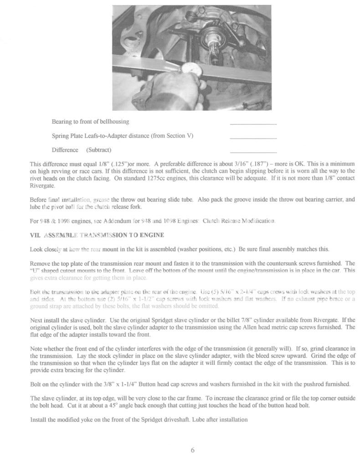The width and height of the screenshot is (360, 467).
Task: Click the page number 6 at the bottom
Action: pyautogui.click(x=192, y=450)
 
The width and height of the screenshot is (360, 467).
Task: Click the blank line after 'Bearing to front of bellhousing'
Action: pyautogui.click(x=253, y=124)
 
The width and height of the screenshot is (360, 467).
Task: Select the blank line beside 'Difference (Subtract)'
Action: pyautogui.click(x=253, y=152)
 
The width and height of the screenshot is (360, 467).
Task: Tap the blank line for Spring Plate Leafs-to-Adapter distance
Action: pyautogui.click(x=253, y=138)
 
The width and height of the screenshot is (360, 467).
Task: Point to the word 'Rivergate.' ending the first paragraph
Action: pyautogui.click(x=42, y=185)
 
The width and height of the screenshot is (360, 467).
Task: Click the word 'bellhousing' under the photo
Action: pyautogui.click(x=114, y=121)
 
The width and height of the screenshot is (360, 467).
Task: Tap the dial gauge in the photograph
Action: pyautogui.click(x=187, y=69)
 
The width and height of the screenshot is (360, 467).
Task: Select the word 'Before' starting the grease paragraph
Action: pyautogui.click(x=38, y=199)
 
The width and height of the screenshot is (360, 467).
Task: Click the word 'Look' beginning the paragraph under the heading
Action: pyautogui.click(x=36, y=249)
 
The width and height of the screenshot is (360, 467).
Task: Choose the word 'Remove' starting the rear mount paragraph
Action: pyautogui.click(x=40, y=264)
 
